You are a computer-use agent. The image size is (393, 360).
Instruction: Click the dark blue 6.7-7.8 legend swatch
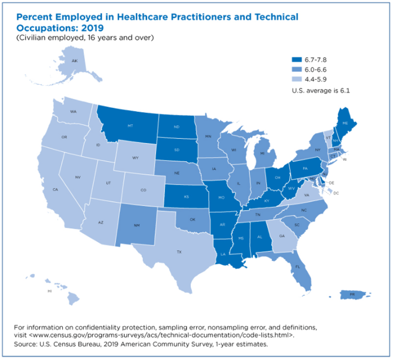pyautogui.click(x=297, y=59)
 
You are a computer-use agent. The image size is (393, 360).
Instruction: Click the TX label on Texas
pyautogui.click(x=179, y=252)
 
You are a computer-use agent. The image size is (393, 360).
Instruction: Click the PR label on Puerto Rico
pyautogui.click(x=352, y=294)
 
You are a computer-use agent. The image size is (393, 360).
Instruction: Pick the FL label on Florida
pyautogui.click(x=298, y=267)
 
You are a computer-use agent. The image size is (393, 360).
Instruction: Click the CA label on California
pyautogui.click(x=55, y=189)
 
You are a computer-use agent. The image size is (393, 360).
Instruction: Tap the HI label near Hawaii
pyautogui.click(x=49, y=291)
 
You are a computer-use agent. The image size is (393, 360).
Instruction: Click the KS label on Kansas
pyautogui.click(x=187, y=196)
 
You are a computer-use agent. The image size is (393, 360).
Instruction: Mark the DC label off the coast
pyautogui.click(x=336, y=193)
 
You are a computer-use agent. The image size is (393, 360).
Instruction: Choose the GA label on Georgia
pyautogui.click(x=282, y=236)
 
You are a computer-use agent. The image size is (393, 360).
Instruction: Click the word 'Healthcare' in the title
pyautogui.click(x=143, y=17)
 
